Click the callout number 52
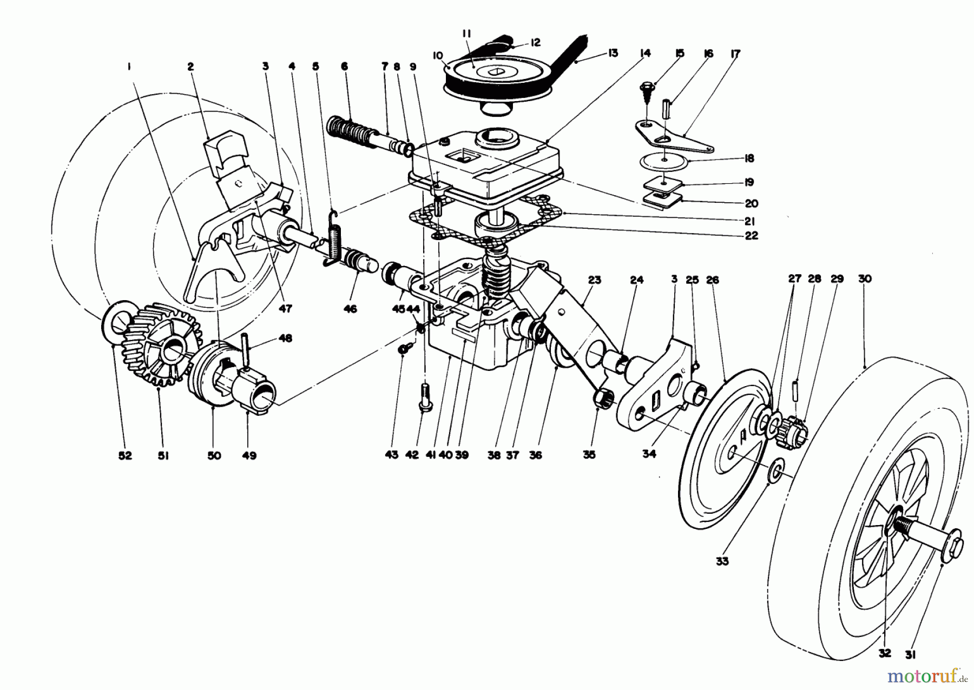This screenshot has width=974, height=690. point(125,456)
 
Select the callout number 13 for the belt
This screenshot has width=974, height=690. point(613,53)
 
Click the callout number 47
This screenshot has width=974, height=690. point(285,309)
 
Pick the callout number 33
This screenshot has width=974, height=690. point(722,561)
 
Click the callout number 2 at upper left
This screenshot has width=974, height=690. point(190,67)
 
